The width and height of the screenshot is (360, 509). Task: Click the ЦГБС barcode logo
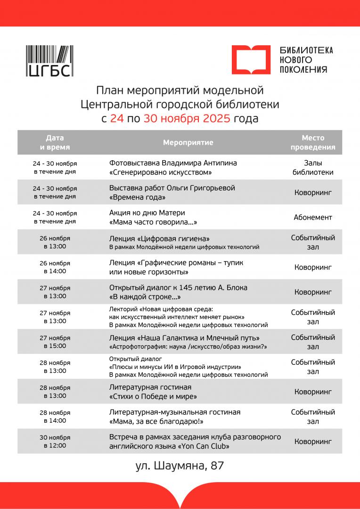[x=49, y=60]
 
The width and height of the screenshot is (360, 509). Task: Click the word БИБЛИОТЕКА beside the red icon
[x=306, y=50]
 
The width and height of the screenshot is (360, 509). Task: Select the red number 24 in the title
[x=117, y=118]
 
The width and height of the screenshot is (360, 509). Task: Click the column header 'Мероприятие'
[x=188, y=142]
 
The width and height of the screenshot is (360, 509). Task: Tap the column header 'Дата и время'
[x=55, y=142]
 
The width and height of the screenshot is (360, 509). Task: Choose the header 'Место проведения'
[x=313, y=142]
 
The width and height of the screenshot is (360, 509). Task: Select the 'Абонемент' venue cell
[x=313, y=217]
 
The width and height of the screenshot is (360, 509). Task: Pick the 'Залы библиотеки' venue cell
[x=313, y=167]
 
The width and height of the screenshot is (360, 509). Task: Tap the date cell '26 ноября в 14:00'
[x=55, y=267]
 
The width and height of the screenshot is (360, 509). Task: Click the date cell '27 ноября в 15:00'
[x=55, y=342]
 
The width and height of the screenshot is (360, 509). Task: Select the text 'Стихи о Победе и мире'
[x=153, y=396]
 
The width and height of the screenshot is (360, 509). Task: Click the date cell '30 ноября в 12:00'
[x=55, y=441]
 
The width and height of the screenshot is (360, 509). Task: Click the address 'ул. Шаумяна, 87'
[x=180, y=466]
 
